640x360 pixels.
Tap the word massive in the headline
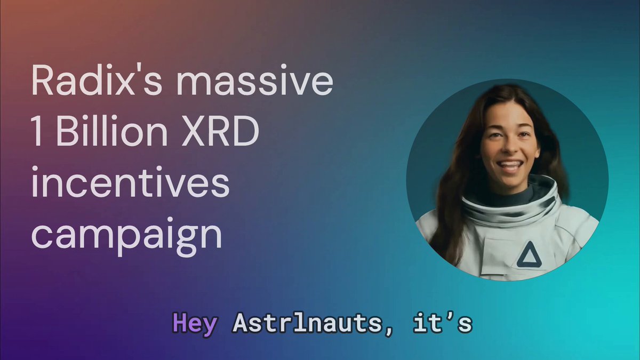255,81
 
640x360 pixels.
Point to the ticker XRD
220,132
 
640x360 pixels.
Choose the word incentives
130,182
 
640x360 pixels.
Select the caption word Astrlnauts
307,323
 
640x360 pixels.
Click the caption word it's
442,323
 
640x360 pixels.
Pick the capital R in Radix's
42,81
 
